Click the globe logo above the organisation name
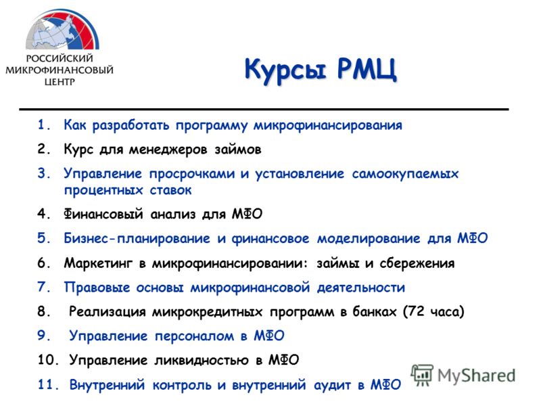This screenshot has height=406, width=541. click(62, 30)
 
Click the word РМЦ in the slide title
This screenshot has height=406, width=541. click(367, 70)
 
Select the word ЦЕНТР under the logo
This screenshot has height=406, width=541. click(60, 82)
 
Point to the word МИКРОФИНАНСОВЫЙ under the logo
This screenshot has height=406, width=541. click(60, 70)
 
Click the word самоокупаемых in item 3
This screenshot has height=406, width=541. click(405, 174)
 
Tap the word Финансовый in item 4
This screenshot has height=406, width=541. click(103, 214)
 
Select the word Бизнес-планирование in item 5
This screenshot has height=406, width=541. click(137, 239)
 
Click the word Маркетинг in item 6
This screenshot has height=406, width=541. click(98, 263)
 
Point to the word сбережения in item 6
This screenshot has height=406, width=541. click(417, 263)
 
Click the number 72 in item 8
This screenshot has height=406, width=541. click(416, 311)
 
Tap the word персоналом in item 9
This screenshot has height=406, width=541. click(194, 336)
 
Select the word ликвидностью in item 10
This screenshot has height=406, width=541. click(201, 361)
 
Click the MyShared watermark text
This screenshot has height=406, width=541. click(476, 376)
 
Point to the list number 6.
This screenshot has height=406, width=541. click(44, 263)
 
